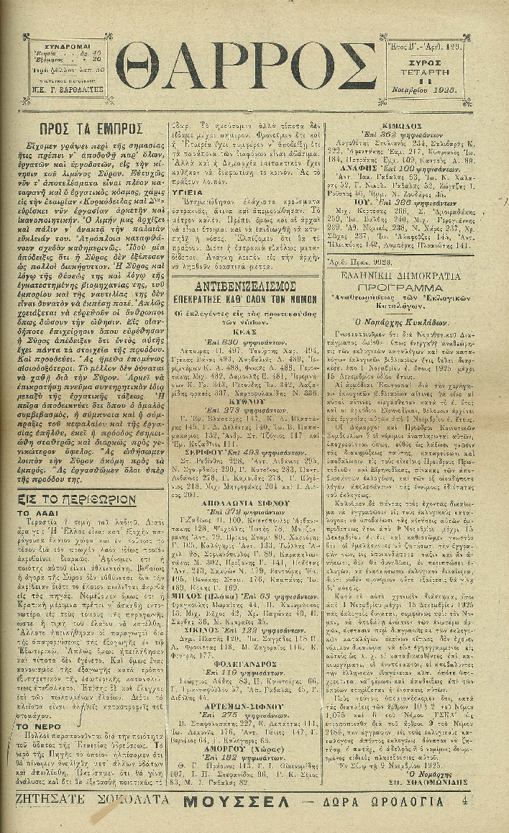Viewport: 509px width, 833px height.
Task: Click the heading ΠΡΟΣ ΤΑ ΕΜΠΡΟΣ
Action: [x=90, y=129]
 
